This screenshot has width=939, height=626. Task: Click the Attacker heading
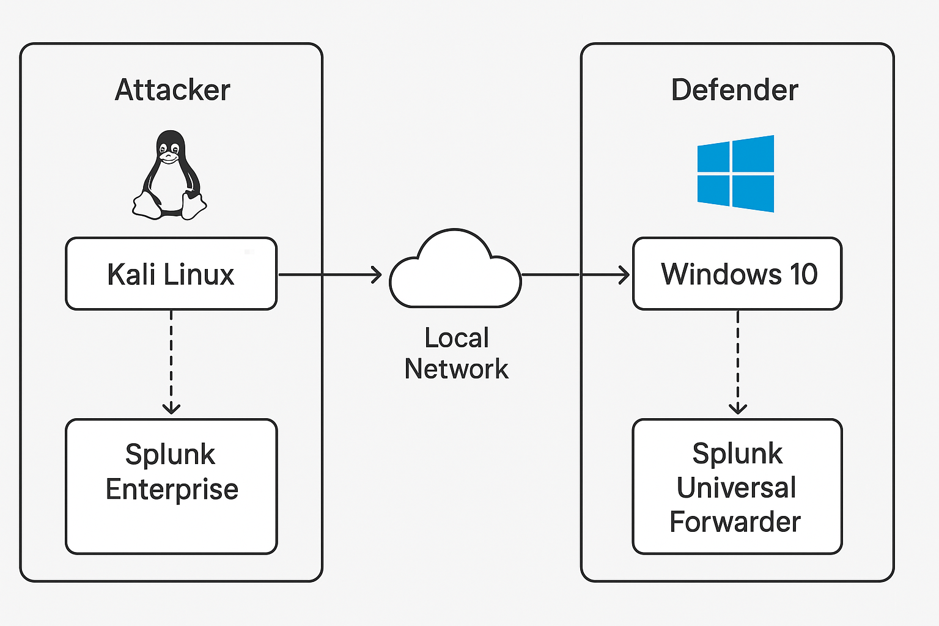[x=172, y=90]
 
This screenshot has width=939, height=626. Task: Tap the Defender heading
[x=734, y=90]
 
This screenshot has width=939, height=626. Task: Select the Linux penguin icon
[x=169, y=175]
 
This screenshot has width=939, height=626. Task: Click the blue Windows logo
[x=735, y=174]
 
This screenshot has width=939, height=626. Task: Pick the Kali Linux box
[x=171, y=274]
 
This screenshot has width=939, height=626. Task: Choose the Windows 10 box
[x=737, y=274]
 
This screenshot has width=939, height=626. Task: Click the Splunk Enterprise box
[x=171, y=487]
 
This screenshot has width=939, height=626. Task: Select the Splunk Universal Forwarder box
[x=737, y=487]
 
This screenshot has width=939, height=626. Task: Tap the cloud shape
[x=455, y=272]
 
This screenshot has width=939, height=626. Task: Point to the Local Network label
[x=456, y=353]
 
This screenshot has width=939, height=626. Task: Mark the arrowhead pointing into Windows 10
[x=624, y=275]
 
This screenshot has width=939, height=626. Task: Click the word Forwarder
[x=735, y=522]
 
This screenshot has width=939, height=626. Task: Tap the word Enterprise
[x=172, y=489]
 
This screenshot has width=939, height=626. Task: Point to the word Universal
[x=736, y=488]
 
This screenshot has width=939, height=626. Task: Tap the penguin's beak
[x=168, y=156]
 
